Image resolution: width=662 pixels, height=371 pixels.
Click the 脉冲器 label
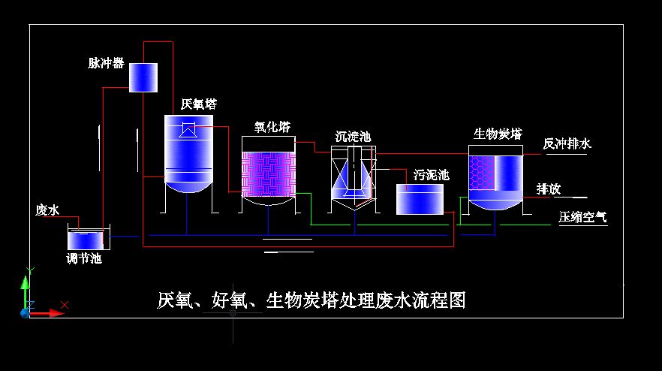point(106,63)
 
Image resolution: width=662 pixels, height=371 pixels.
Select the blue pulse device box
point(143,77)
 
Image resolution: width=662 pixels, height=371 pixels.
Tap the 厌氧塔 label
point(199,104)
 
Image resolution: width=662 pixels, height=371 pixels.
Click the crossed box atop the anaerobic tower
point(188,130)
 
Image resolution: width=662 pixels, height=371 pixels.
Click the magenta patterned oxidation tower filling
point(268,174)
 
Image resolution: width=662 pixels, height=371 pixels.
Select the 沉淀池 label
point(353,137)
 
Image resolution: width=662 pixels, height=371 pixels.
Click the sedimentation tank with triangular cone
point(353,177)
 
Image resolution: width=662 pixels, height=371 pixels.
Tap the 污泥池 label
point(432,175)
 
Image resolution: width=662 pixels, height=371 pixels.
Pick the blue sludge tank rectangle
point(420,200)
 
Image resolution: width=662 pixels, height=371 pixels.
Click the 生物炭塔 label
point(497,134)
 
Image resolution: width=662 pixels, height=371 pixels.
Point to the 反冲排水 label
point(567,143)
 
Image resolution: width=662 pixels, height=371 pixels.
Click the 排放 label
point(549,189)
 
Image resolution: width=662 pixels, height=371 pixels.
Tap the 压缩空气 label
point(582,218)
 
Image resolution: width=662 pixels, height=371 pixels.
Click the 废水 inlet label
point(47,210)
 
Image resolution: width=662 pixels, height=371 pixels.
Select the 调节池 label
point(83,259)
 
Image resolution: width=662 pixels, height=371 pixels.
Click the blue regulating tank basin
point(89,240)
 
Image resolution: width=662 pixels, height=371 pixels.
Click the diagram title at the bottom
point(311,300)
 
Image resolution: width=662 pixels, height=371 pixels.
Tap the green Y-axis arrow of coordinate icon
point(26,284)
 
